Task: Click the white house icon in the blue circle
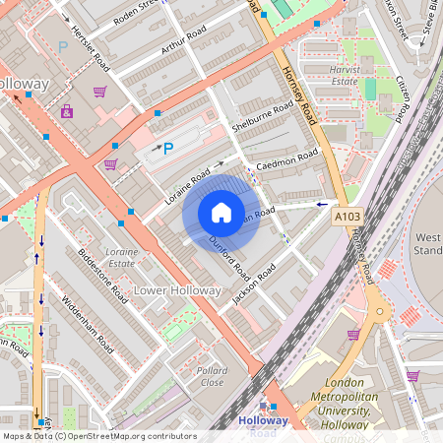tap(221, 213)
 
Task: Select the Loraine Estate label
tap(121, 258)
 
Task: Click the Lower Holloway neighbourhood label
tap(177, 290)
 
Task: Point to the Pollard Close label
tap(211, 375)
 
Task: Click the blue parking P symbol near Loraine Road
tap(168, 149)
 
